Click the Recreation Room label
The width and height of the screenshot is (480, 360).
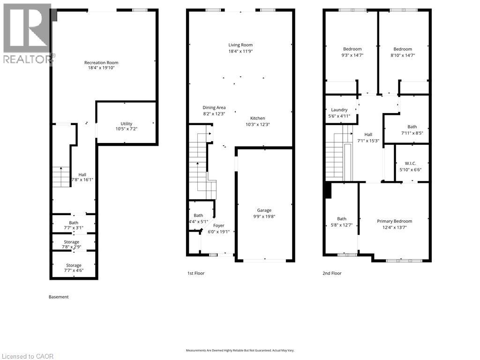pyautogui.click(x=101, y=63)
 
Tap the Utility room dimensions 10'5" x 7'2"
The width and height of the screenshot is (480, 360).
pyautogui.click(x=126, y=128)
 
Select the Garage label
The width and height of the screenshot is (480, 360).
pyautogui.click(x=264, y=210)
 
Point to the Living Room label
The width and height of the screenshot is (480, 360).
pyautogui.click(x=240, y=45)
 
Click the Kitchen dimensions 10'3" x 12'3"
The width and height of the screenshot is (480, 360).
pyautogui.click(x=257, y=125)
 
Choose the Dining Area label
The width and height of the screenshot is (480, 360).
pyautogui.click(x=214, y=107)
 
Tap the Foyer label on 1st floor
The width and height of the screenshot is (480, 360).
pyautogui.click(x=219, y=225)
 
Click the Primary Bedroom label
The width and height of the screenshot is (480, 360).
pyautogui.click(x=394, y=221)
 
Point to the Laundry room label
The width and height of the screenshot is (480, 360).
pyautogui.click(x=339, y=110)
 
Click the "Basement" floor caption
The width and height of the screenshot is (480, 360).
pyautogui.click(x=59, y=297)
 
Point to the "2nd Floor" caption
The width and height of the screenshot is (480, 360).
pyautogui.click(x=332, y=273)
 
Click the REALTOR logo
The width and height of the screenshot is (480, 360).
pyautogui.click(x=27, y=33)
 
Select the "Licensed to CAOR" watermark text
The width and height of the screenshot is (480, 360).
pyautogui.click(x=27, y=356)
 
